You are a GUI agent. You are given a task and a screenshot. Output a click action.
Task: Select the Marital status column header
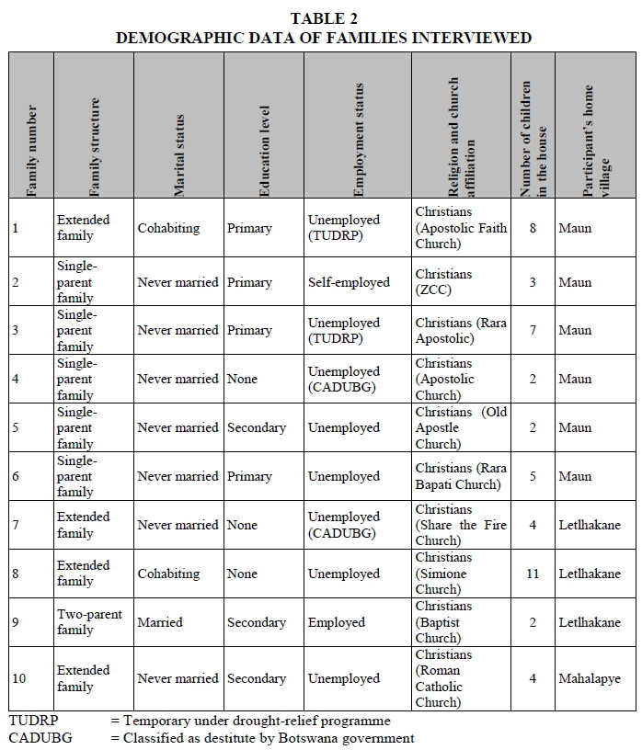179,154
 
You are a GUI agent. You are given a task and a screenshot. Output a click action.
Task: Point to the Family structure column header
94,147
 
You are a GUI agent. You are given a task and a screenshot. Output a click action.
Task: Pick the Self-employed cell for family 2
349,282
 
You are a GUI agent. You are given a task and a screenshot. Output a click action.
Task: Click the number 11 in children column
533,574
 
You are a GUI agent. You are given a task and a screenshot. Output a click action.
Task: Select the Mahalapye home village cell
590,678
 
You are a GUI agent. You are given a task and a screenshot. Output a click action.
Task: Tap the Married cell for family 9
160,622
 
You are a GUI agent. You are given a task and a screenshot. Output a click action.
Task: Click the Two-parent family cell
89,622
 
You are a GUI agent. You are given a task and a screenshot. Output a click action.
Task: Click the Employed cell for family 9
337,622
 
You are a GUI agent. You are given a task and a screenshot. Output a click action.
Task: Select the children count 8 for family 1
533,228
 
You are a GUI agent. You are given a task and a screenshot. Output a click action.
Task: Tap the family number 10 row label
19,678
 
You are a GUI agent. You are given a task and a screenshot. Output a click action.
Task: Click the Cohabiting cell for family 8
168,574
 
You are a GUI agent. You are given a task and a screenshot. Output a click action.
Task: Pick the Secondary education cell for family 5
257,427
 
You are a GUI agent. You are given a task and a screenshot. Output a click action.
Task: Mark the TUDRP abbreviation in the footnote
32,721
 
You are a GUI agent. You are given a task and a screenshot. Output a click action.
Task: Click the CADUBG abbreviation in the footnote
40,737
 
